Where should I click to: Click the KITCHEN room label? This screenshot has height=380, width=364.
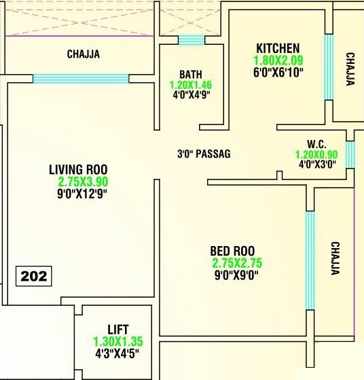278,48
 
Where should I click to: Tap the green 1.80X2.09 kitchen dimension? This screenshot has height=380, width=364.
278,60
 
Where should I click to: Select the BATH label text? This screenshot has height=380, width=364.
191,74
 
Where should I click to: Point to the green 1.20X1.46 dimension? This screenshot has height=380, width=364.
191,86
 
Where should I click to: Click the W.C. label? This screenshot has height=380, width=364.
316,144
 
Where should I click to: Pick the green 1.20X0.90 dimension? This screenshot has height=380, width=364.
316,154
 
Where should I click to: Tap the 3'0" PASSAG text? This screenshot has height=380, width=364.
204,154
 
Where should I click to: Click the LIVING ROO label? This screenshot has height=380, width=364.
78,169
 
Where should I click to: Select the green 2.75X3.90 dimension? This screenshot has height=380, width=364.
83,182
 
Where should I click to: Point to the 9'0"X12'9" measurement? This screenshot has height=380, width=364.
83,193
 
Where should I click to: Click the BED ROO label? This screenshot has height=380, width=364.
233,252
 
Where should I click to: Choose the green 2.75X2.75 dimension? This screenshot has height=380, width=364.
237,263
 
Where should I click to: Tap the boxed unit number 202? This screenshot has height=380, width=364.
33,276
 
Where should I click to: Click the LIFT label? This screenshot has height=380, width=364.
117,330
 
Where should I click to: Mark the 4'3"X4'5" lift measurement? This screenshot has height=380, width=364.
117,353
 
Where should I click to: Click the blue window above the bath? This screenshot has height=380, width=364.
191,40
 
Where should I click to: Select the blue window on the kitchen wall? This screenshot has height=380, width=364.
329,67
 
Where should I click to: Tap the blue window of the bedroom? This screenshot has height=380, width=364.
310,260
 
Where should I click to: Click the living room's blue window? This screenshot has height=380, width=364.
81,78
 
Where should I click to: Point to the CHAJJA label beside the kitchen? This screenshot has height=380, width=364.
350,69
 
